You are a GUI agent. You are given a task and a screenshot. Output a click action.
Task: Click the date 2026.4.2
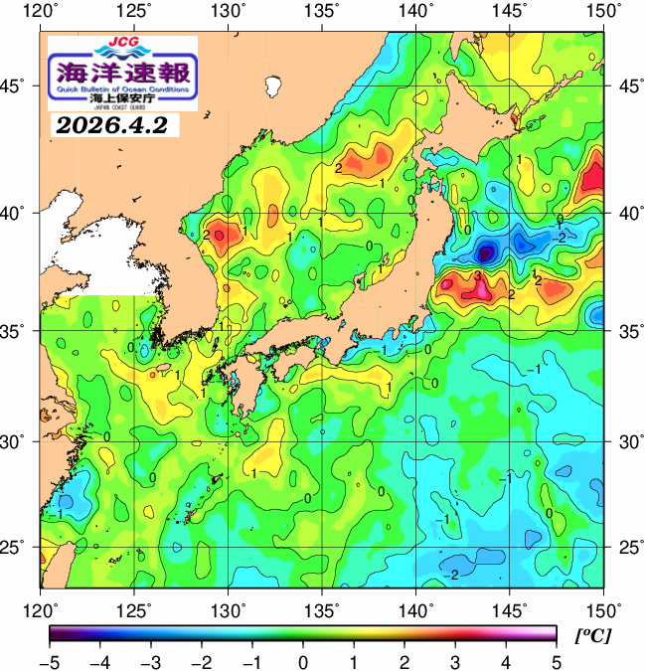pyautogui.click(x=110, y=126)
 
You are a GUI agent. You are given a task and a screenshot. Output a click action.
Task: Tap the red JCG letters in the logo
pyautogui.click(x=122, y=43)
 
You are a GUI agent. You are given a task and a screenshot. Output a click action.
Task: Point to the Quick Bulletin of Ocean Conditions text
pyautogui.click(x=122, y=89)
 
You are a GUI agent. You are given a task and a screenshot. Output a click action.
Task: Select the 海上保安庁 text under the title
pyautogui.click(x=122, y=99)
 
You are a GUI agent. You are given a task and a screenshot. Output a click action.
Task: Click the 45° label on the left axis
pyautogui.click(x=20, y=85)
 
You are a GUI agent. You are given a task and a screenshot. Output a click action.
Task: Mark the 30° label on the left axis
pyautogui.click(x=20, y=440)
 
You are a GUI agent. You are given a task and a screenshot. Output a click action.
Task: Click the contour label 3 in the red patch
pyautogui.click(x=478, y=275)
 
